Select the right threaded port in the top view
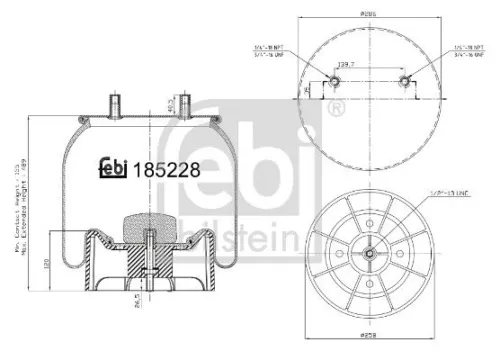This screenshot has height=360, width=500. coord(404,81)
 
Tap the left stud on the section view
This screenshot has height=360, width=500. coord(114,103)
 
